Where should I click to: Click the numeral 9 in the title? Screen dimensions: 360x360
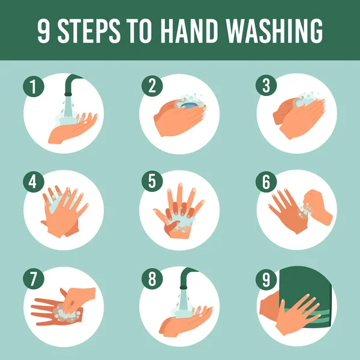(x=44, y=31)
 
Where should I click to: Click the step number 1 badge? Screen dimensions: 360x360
(x=34, y=86)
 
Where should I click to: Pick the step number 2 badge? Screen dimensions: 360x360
(x=152, y=86)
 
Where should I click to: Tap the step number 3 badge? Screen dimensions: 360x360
(x=268, y=86)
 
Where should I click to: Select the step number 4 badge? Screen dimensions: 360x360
(x=34, y=181)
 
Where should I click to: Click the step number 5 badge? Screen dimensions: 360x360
(x=152, y=181)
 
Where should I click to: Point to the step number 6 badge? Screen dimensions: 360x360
(x=268, y=181)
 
